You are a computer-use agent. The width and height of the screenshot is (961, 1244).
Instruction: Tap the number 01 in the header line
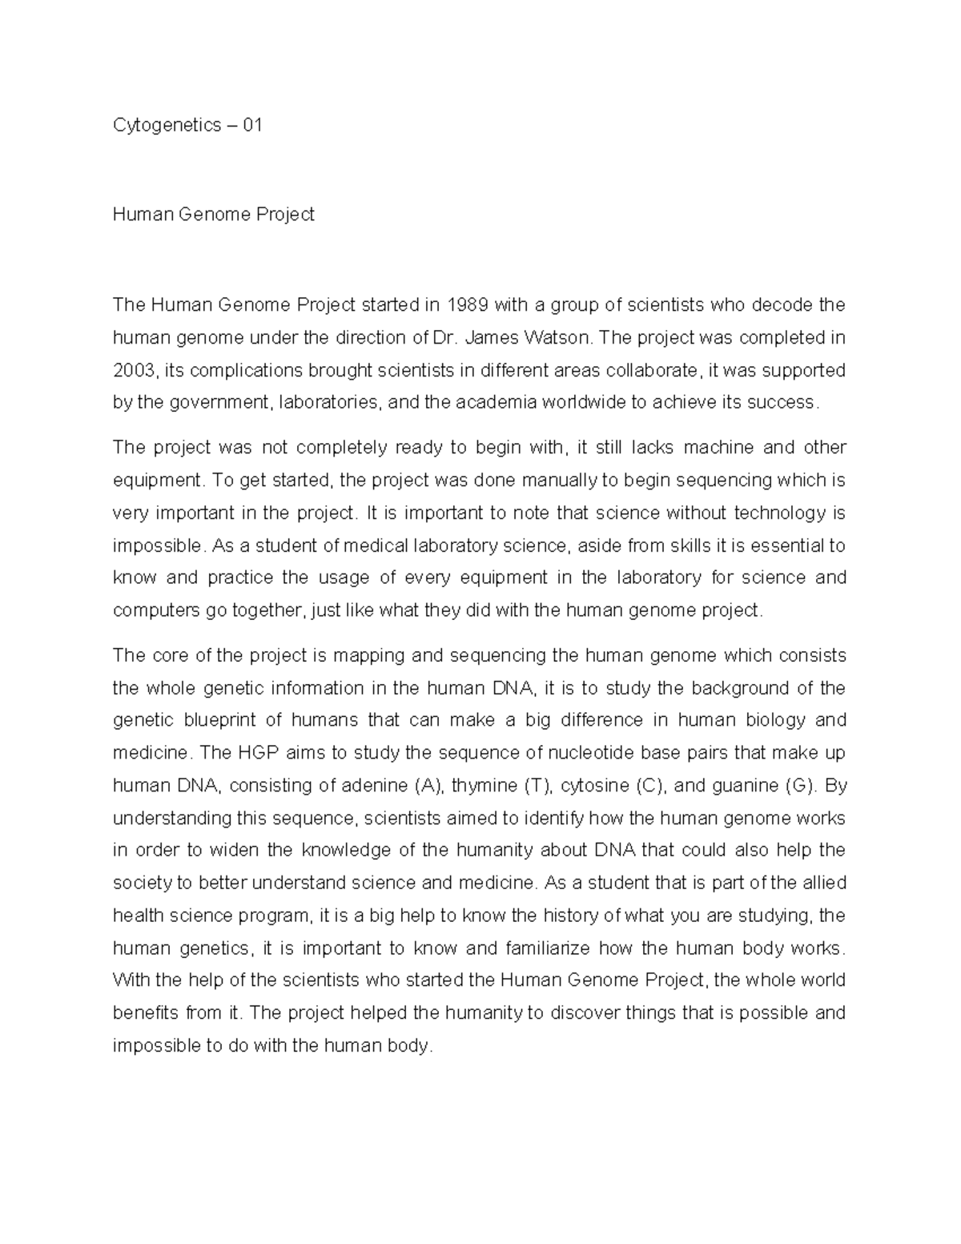252,125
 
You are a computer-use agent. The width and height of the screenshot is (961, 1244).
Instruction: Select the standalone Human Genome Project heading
214,215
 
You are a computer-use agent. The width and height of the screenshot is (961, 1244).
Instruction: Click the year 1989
467,304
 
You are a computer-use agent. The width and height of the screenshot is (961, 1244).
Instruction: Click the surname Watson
557,337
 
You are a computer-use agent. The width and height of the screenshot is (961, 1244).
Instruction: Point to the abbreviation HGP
255,753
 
